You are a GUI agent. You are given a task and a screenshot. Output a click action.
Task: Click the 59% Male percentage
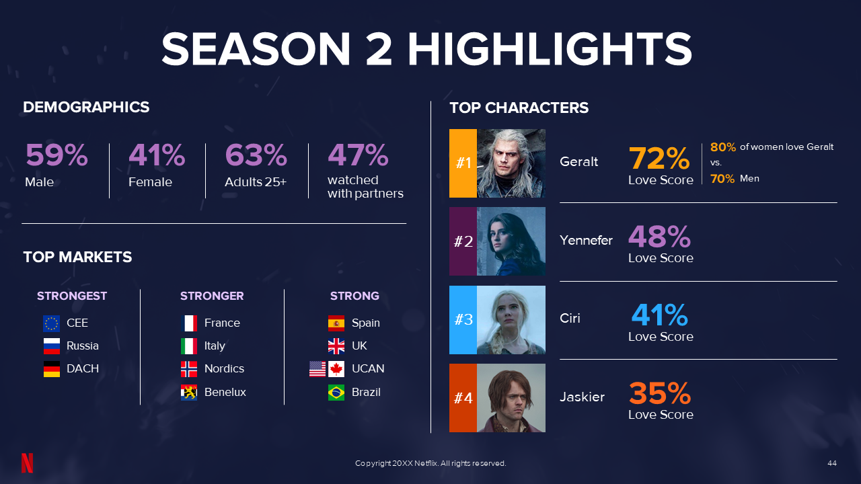57,155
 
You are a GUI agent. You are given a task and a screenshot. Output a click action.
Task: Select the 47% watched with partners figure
358,155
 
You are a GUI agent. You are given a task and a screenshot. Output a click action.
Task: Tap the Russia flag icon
52,346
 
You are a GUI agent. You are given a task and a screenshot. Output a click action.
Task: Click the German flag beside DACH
52,369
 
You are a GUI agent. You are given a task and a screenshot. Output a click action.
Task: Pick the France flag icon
189,323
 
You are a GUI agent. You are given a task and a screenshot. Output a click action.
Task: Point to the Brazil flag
336,393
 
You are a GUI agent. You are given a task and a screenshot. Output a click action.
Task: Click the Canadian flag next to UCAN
336,369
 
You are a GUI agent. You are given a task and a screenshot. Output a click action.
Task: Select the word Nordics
224,369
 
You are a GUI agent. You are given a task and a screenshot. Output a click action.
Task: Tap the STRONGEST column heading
72,296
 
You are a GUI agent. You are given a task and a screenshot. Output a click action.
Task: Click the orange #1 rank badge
463,163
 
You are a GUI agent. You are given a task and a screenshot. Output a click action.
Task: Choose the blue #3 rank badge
463,320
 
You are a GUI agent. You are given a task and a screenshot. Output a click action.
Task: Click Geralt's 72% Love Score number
659,159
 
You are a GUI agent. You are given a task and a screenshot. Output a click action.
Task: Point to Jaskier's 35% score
659,394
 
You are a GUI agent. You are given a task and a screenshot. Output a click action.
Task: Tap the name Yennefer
586,240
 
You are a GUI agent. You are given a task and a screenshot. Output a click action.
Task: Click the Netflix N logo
27,463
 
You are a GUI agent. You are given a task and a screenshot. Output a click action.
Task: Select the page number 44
832,463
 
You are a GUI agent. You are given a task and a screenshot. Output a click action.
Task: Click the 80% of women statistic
723,147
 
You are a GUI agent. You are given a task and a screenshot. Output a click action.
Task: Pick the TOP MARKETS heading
77,257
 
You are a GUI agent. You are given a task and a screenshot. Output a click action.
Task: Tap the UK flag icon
336,346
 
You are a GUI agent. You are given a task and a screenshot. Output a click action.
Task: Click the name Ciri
570,319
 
